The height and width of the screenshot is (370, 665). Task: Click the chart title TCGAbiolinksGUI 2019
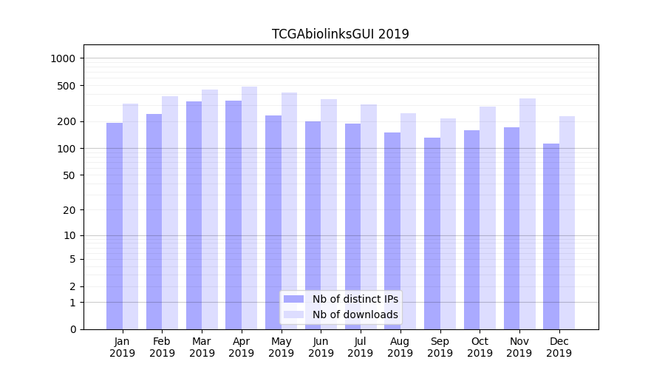[340, 34]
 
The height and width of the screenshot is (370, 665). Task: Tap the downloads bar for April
[249, 207]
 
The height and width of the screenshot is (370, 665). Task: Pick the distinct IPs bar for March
[194, 215]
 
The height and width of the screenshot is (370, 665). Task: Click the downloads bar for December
[567, 222]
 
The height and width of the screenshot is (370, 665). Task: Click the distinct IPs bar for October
[471, 229]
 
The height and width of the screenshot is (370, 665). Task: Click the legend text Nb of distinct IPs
[355, 299]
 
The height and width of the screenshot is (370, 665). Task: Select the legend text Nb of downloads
[355, 314]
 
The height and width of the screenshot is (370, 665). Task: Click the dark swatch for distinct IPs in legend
[294, 299]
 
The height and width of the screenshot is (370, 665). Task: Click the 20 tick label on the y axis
[69, 210]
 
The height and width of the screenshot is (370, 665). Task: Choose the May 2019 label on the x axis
[281, 347]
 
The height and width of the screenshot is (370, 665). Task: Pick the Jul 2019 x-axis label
[361, 347]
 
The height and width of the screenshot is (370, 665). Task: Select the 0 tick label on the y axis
[72, 329]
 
